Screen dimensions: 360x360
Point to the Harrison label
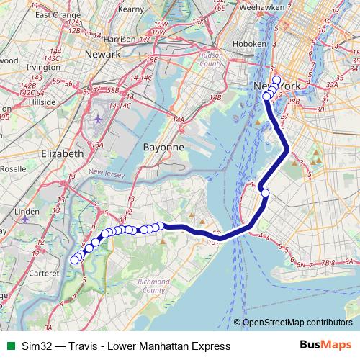coord(120,38)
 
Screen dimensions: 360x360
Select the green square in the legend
coord(10,346)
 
